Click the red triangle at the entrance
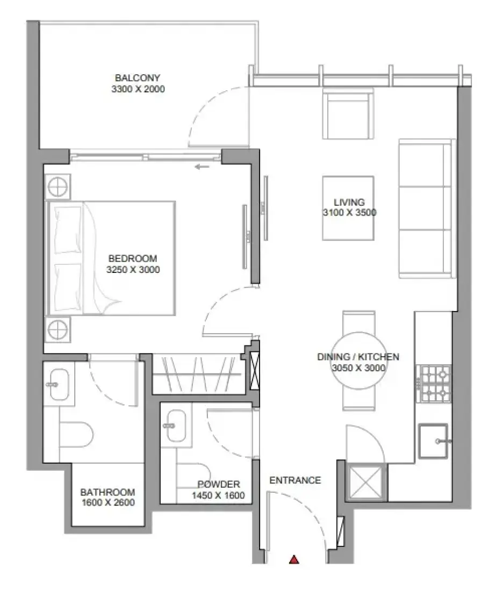pyautogui.click(x=294, y=559)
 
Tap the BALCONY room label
pyautogui.click(x=138, y=78)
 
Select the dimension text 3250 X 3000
pyautogui.click(x=133, y=270)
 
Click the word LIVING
pyautogui.click(x=349, y=202)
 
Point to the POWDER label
pyautogui.click(x=219, y=484)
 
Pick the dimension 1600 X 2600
pyautogui.click(x=108, y=502)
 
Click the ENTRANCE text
pyautogui.click(x=295, y=480)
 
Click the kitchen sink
pyautogui.click(x=434, y=441)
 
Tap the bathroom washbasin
pyautogui.click(x=60, y=385)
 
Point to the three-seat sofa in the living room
pyautogui.click(x=427, y=208)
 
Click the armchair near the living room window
pyautogui.click(x=348, y=114)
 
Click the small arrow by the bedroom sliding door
pyautogui.click(x=202, y=167)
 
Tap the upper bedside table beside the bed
pyautogui.click(x=57, y=186)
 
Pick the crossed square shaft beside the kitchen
pyautogui.click(x=365, y=482)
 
